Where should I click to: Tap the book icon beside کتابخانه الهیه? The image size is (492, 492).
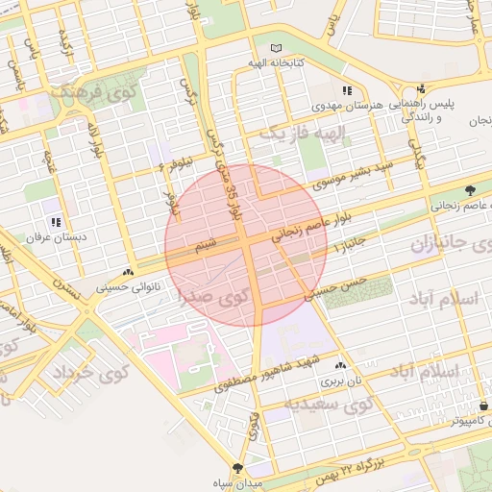click(x=277, y=48)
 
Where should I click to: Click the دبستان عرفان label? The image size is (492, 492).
click(x=57, y=235)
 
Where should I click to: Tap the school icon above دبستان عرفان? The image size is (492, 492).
click(x=56, y=222)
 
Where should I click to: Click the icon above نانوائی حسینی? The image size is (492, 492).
click(x=129, y=273)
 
